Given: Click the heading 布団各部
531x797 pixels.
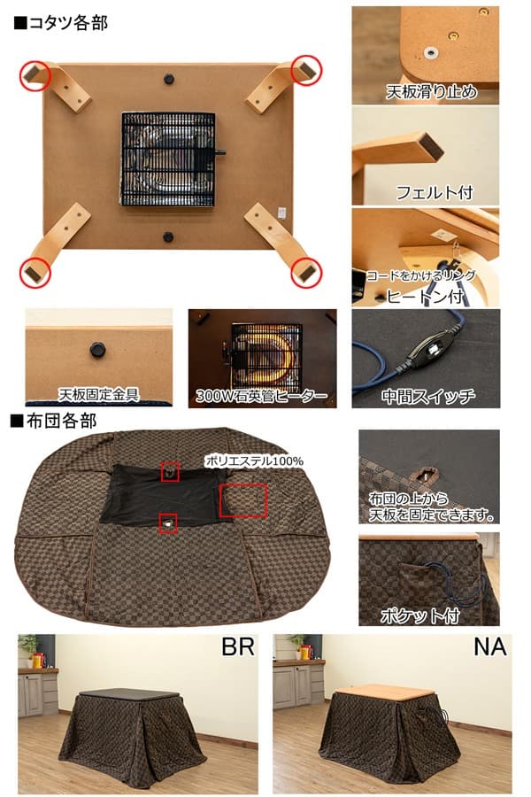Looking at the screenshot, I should [x=54, y=421].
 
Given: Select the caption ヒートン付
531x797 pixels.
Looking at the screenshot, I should [x=422, y=298].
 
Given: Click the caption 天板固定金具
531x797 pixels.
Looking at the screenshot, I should [x=99, y=393].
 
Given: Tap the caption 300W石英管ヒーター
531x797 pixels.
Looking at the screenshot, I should [x=262, y=394].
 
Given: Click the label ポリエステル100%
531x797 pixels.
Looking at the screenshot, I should [x=254, y=460].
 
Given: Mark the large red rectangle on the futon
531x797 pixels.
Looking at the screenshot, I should [x=242, y=499].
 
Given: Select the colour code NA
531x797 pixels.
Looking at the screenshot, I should [x=489, y=647].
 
